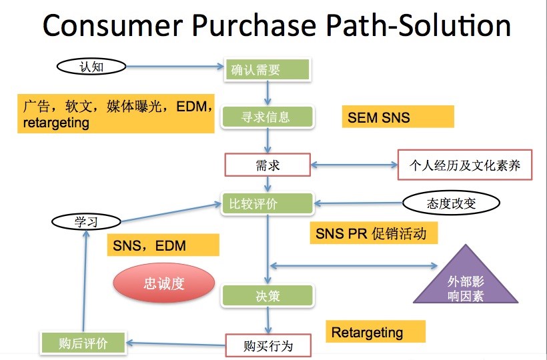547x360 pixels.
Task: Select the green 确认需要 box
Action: point(267,69)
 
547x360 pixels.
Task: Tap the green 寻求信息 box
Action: point(267,117)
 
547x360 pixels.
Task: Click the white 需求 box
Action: point(267,165)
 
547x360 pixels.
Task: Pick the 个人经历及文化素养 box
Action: point(465,165)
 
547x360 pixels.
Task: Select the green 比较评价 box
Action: point(267,203)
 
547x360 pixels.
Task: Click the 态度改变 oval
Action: point(451,203)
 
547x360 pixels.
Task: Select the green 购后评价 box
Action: point(83,343)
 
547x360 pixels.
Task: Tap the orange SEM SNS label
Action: point(398,117)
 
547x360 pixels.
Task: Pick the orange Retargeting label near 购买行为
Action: point(376,332)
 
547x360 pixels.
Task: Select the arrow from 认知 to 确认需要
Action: point(173,66)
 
